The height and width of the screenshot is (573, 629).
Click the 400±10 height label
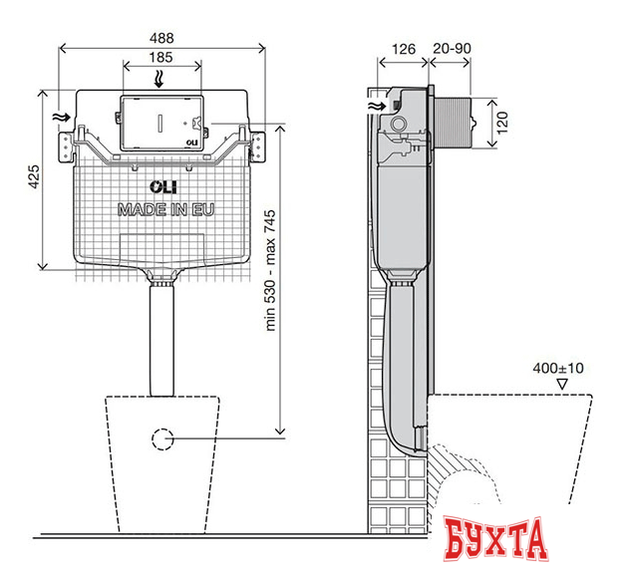558,368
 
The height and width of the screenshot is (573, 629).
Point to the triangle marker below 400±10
562,383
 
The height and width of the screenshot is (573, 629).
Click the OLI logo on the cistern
161,187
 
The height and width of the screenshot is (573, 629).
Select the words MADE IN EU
165,209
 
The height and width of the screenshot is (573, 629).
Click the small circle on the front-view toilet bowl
161,436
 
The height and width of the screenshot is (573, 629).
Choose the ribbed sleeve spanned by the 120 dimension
461,122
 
